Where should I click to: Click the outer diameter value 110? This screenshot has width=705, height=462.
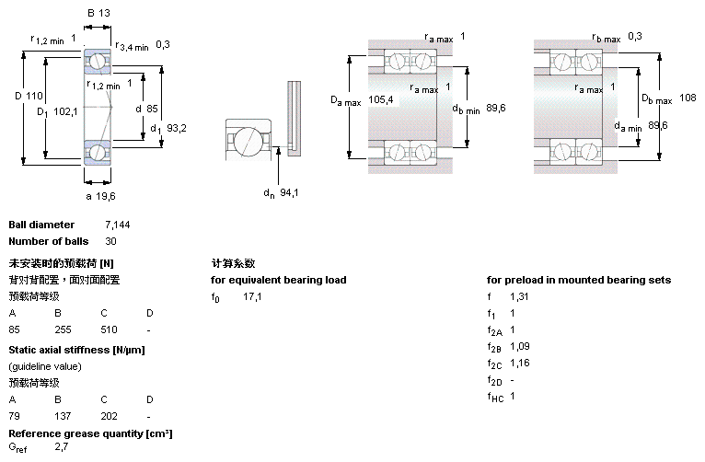tap(34, 96)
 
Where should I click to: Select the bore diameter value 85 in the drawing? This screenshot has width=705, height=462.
tap(153, 108)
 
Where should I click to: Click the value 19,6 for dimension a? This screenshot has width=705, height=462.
tap(107, 195)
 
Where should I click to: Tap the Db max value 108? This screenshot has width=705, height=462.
tap(688, 98)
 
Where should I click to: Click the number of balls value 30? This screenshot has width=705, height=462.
tap(110, 241)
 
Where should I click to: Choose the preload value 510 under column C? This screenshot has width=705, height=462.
tap(109, 329)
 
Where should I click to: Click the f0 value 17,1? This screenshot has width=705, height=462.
tap(252, 297)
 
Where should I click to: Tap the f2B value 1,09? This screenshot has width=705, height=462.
tap(520, 347)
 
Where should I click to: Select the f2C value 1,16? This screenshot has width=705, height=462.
tap(520, 364)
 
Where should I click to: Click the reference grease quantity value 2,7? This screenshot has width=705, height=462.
tap(62, 447)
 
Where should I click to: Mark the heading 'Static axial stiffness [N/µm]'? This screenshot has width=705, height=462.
tap(76, 350)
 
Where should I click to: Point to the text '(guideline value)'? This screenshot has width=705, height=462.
tap(45, 366)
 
